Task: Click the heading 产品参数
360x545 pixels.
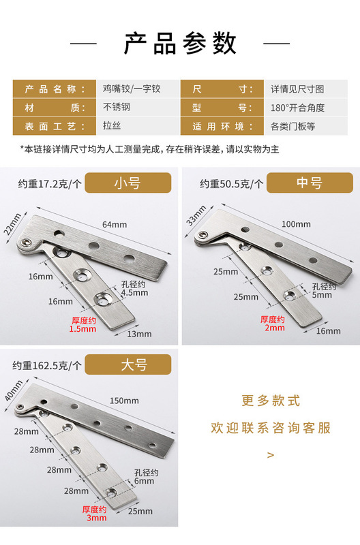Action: point(180,44)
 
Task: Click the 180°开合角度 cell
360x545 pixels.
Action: point(297,108)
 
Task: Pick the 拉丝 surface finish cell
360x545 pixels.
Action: point(111,126)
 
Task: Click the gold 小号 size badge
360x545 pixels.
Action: point(131,183)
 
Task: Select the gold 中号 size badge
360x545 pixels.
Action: point(309,183)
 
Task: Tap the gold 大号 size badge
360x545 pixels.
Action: point(134,365)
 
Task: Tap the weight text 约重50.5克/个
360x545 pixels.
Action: point(231,183)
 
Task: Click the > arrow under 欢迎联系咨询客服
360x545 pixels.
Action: point(271,454)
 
